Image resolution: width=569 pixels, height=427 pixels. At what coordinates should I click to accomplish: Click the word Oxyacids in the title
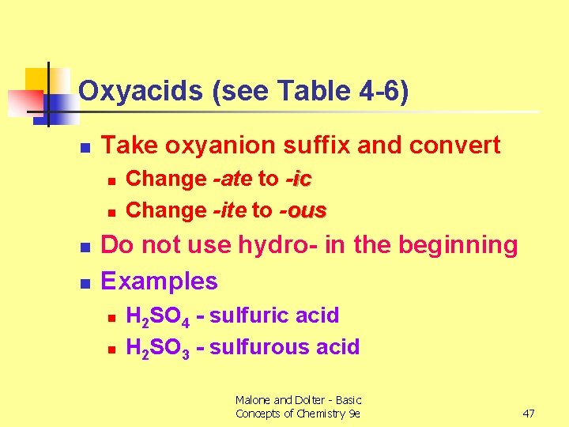pyautogui.click(x=128, y=92)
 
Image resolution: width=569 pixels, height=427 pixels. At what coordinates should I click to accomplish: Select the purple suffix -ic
pyautogui.click(x=297, y=179)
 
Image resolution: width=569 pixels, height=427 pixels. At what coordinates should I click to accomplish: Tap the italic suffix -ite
pyautogui.click(x=230, y=210)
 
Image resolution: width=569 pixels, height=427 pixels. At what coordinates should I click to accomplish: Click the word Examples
pyautogui.click(x=159, y=281)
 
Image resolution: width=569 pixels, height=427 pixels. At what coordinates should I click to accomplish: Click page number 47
pyautogui.click(x=529, y=414)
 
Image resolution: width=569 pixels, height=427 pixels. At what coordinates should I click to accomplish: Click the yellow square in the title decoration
pyautogui.click(x=37, y=80)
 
